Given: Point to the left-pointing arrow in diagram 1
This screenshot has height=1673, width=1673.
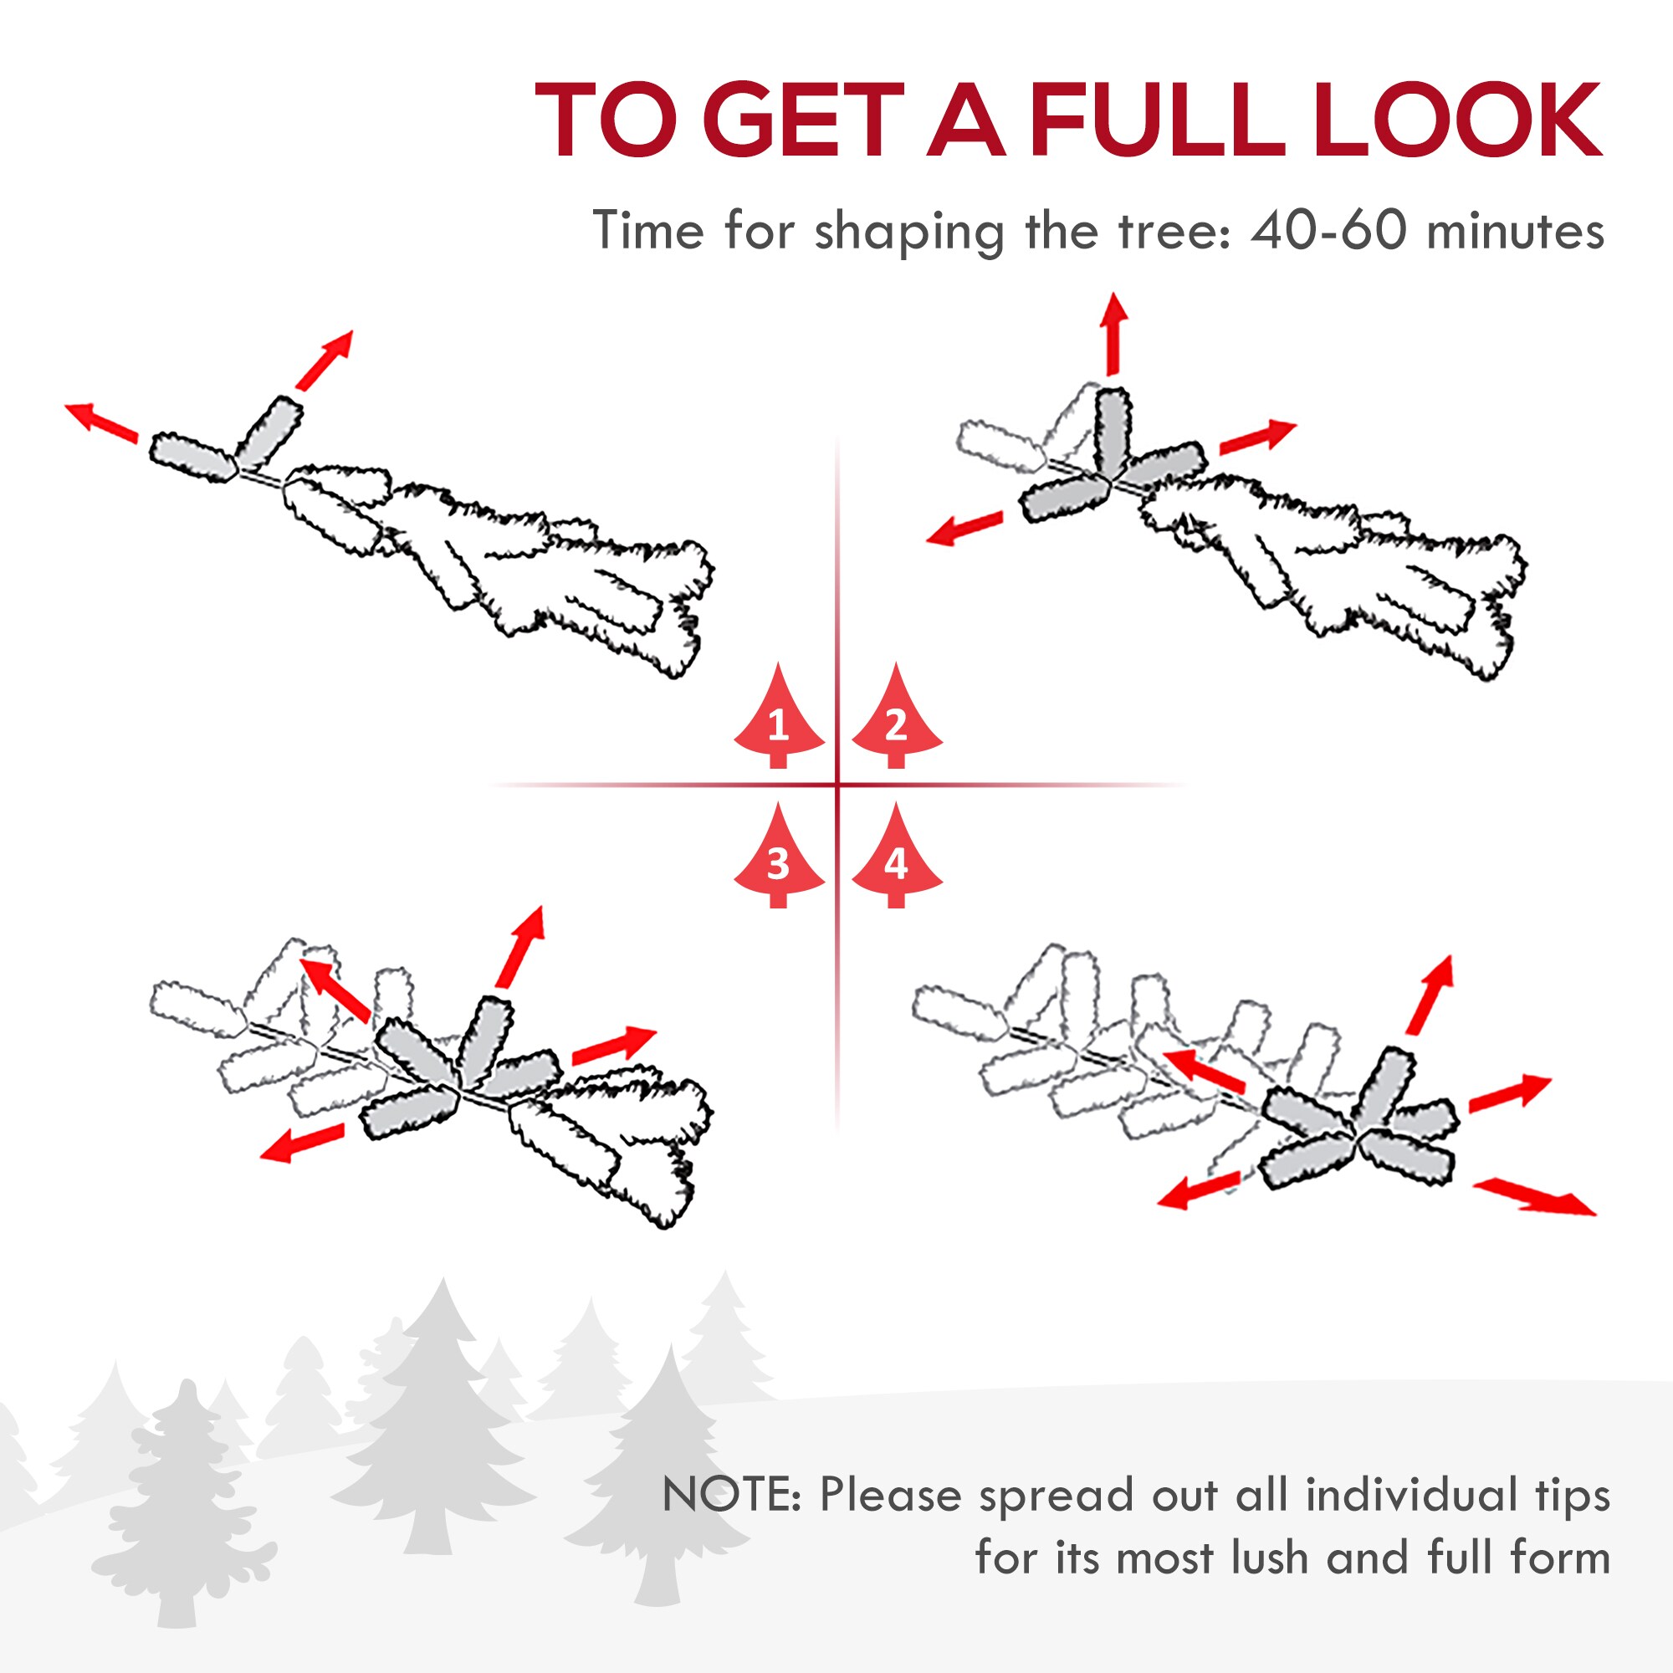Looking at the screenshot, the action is tap(101, 422).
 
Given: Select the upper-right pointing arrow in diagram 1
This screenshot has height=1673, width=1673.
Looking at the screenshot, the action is tap(324, 360).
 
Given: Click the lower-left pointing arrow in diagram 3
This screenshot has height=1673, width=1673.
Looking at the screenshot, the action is tap(302, 1142).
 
